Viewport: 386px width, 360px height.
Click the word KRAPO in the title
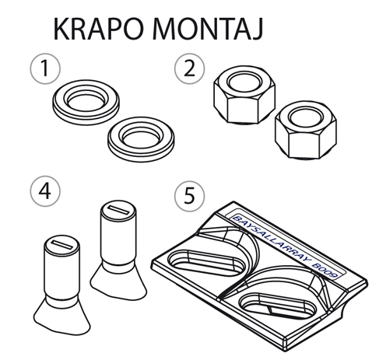(99, 29)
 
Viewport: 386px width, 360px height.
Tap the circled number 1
(45, 68)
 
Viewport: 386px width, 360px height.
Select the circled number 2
(189, 68)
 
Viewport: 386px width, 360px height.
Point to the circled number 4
(45, 191)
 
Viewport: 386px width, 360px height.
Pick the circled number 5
(189, 196)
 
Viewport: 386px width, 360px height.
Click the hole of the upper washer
(86, 100)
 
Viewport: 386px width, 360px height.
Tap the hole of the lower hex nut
(306, 118)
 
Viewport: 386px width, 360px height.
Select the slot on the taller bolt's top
(118, 210)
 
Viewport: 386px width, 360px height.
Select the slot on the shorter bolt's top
(61, 245)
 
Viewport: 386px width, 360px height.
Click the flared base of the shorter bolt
(62, 316)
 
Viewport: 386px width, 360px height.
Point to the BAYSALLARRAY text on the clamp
(271, 240)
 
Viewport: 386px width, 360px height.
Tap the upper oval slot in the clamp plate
(206, 262)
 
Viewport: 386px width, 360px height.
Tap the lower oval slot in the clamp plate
(278, 306)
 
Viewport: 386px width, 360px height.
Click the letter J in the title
(257, 30)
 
